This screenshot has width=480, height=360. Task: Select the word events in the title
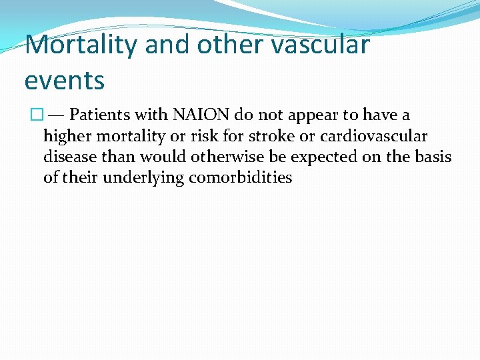coord(65,80)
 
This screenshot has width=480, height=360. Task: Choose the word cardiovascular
coord(374,137)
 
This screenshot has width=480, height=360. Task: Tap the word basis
coord(435,157)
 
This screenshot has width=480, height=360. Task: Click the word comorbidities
coord(241,178)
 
